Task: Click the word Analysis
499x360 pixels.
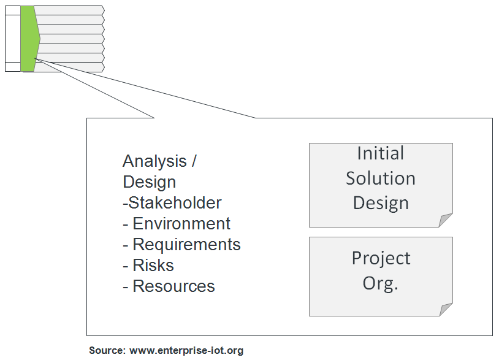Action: pyautogui.click(x=154, y=161)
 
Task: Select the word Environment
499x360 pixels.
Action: pyautogui.click(x=181, y=223)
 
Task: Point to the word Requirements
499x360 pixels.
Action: pyautogui.click(x=186, y=244)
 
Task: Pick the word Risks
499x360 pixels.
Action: pyautogui.click(x=153, y=265)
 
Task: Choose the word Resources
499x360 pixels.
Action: pyautogui.click(x=173, y=286)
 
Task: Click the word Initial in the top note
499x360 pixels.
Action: pyautogui.click(x=380, y=153)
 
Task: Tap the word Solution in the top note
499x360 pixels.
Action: pyautogui.click(x=380, y=178)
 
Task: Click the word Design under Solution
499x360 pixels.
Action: pyautogui.click(x=380, y=202)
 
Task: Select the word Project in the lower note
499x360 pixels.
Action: pyautogui.click(x=380, y=258)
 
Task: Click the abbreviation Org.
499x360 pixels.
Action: pyautogui.click(x=380, y=284)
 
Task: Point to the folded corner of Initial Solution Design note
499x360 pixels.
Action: pyautogui.click(x=446, y=221)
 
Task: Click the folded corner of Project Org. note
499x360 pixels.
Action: pyautogui.click(x=446, y=310)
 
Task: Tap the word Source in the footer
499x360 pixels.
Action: pyautogui.click(x=107, y=351)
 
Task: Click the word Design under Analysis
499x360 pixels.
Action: pyautogui.click(x=149, y=182)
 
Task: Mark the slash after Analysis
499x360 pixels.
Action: pyautogui.click(x=194, y=161)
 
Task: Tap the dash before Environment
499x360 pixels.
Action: pyautogui.click(x=126, y=224)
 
